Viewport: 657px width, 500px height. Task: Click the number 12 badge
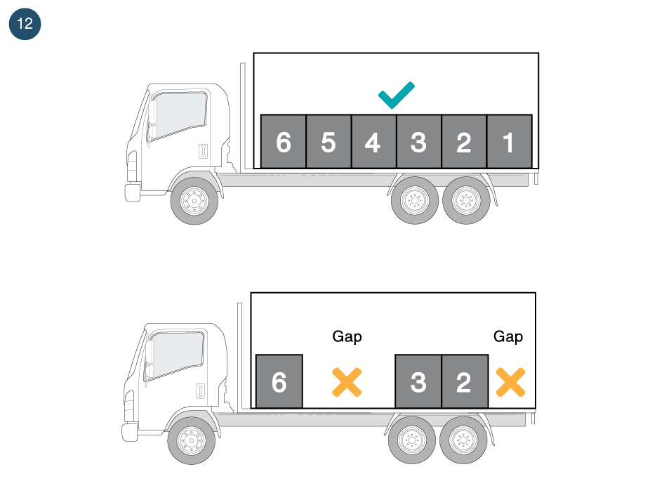click(x=25, y=24)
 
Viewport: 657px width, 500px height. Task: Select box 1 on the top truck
click(x=509, y=142)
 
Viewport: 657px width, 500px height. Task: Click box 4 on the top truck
click(x=373, y=142)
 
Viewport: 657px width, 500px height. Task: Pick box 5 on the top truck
click(x=328, y=142)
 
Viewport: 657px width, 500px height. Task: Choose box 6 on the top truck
click(x=283, y=142)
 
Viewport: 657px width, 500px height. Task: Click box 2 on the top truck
click(x=464, y=142)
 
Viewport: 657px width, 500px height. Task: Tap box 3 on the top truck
click(x=418, y=142)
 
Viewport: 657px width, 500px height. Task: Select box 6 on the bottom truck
click(x=279, y=381)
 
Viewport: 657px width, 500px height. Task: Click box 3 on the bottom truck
click(x=418, y=381)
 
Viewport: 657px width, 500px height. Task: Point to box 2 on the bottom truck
click(x=464, y=381)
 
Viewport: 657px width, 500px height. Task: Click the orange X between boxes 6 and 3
click(x=347, y=381)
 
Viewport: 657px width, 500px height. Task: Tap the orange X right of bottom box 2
click(x=510, y=381)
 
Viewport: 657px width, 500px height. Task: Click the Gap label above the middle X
click(x=347, y=337)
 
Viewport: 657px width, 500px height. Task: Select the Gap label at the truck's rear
click(x=508, y=337)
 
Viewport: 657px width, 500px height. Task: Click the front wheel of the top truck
click(x=194, y=201)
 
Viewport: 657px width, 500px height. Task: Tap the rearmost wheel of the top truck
click(x=466, y=201)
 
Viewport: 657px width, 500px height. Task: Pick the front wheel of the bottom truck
click(x=191, y=440)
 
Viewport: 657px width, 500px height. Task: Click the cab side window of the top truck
click(x=179, y=114)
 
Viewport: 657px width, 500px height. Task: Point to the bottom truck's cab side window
click(x=176, y=353)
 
